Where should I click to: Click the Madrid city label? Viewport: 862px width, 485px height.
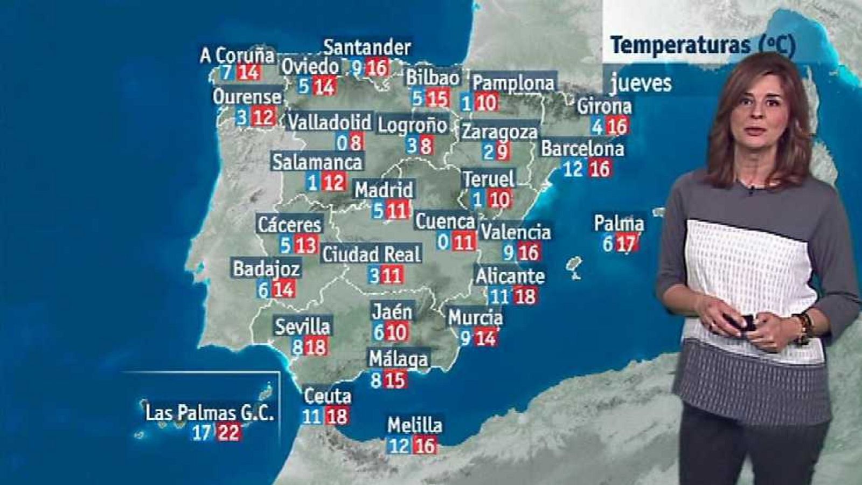click(x=384, y=190)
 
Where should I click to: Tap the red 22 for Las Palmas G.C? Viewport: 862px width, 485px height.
click(x=228, y=432)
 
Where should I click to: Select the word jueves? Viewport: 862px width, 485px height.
click(x=641, y=84)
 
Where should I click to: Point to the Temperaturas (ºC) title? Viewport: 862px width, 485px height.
click(x=703, y=45)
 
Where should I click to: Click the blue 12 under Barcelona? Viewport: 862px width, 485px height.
click(x=573, y=169)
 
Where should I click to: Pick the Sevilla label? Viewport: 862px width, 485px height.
click(x=302, y=326)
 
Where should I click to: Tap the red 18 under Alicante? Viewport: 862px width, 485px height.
click(x=524, y=296)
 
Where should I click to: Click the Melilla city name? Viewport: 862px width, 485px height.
click(x=415, y=425)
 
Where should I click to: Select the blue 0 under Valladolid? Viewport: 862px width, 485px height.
click(x=342, y=143)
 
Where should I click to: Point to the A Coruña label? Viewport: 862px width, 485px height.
click(x=237, y=55)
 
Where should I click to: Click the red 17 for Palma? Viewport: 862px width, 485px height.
click(x=625, y=244)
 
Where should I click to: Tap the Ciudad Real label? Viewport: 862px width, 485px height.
click(x=371, y=254)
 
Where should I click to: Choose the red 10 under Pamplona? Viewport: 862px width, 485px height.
click(x=486, y=102)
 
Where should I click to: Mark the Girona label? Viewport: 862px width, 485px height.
click(x=604, y=106)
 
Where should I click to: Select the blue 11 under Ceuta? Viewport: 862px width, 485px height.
click(x=311, y=416)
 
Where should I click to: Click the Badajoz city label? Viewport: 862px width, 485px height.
click(x=266, y=268)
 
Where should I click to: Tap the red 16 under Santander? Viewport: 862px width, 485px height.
click(x=377, y=68)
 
